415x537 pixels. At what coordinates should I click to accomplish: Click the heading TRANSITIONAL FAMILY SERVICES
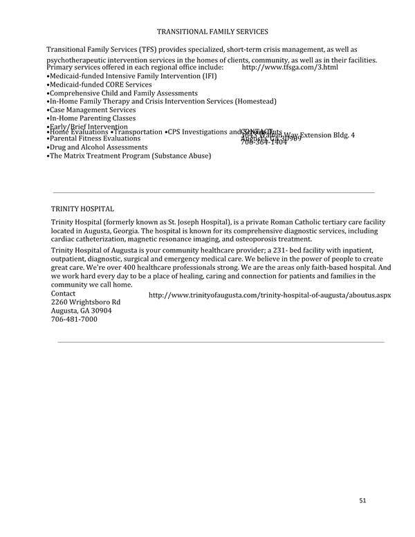[x=212, y=32]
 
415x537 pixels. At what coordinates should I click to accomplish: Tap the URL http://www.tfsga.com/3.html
[x=290, y=67]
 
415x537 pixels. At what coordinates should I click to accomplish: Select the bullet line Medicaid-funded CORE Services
[x=98, y=84]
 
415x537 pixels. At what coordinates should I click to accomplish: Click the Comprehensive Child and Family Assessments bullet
[x=122, y=93]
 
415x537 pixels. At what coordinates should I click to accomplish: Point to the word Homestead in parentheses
[x=255, y=101]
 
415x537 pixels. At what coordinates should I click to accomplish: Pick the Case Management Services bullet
[x=91, y=109]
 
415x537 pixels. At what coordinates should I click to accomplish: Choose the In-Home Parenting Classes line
[x=91, y=118]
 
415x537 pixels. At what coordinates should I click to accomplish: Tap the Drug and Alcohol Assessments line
[x=97, y=147]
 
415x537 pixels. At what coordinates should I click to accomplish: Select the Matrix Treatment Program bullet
[x=129, y=156]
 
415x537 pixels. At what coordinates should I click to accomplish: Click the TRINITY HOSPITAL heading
[x=82, y=208]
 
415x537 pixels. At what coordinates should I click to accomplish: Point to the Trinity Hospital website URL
[x=270, y=295]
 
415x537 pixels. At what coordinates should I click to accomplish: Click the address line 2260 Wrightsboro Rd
[x=86, y=302]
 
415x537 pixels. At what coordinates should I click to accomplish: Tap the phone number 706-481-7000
[x=75, y=319]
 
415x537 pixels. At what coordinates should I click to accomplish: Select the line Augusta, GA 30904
[x=82, y=311]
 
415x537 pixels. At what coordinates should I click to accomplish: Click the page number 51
[x=363, y=500]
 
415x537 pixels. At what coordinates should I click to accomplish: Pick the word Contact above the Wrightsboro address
[x=64, y=293]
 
